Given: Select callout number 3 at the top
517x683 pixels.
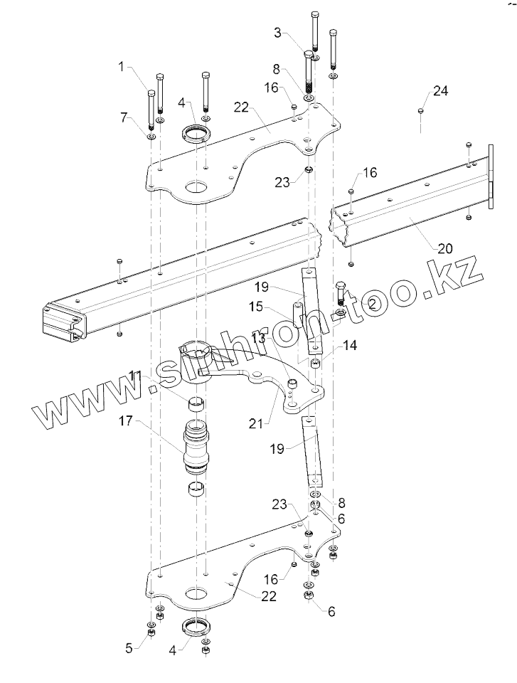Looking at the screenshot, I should [279, 33].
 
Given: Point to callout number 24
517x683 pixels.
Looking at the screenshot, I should [440, 92].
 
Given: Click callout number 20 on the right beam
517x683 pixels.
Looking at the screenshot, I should [445, 248].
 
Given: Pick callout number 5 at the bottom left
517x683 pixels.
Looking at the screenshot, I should [129, 647].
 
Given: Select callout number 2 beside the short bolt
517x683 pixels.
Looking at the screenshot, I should [371, 302].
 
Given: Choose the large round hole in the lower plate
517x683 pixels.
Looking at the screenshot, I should [194, 593].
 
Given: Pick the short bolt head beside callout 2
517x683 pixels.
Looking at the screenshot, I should [339, 288].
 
